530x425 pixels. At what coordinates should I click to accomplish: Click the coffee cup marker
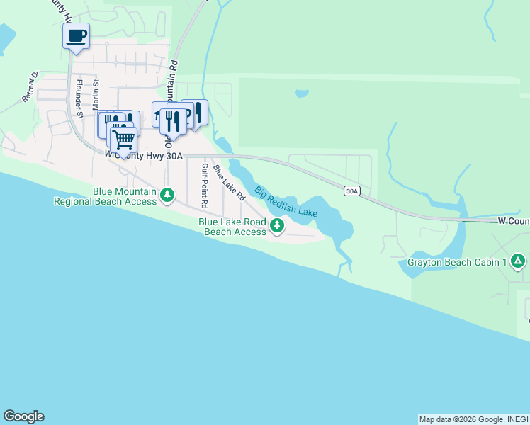coord(77,35)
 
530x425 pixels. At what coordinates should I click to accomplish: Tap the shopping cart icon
coord(123,140)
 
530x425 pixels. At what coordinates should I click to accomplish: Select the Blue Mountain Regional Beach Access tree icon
coord(167,195)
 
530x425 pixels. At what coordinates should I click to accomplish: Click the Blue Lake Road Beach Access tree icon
coord(277,227)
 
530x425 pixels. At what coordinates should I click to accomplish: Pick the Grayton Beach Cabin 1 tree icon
coord(519,262)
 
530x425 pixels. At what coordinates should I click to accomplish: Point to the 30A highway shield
coord(352,191)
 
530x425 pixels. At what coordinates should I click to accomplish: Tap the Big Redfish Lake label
coord(286,201)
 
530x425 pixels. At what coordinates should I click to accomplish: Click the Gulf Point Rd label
coord(204,186)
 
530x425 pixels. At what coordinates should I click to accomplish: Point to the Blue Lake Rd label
coord(228,182)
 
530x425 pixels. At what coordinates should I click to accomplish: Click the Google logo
coord(23,416)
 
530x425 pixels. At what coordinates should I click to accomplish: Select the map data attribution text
coord(473,419)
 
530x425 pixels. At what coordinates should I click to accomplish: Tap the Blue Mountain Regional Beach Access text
coord(105,196)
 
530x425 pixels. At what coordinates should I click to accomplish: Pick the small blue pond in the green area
coord(302,93)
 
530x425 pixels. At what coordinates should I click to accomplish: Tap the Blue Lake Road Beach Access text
coord(232,227)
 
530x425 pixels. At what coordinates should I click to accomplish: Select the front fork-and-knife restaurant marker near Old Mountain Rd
coord(172,121)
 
